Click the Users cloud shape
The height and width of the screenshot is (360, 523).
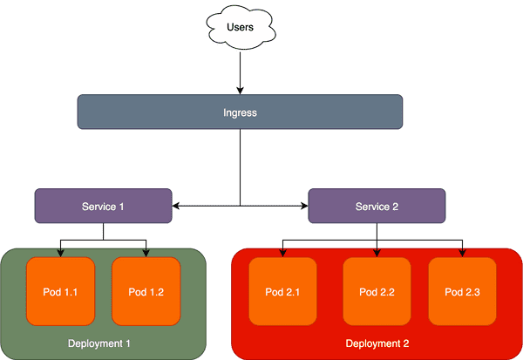click(x=240, y=29)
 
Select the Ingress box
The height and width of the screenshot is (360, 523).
click(x=240, y=112)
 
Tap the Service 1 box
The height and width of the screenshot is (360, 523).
click(x=103, y=207)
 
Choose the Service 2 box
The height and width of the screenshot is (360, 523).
click(x=377, y=207)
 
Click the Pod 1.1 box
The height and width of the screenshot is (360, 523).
click(x=60, y=290)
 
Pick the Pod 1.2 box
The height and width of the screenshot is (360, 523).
click(x=146, y=290)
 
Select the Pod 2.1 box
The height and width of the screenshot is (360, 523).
click(x=283, y=290)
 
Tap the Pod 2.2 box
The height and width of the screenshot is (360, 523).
click(x=377, y=290)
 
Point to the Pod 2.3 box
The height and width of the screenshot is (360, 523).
click(x=462, y=290)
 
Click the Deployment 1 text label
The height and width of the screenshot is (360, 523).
click(x=99, y=343)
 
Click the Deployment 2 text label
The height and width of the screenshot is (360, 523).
click(x=377, y=343)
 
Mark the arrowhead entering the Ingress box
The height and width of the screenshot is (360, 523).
click(x=240, y=90)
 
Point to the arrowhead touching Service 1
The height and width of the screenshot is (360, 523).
click(x=177, y=207)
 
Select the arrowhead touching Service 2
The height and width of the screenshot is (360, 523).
click(x=303, y=207)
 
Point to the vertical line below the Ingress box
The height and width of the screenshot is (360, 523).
click(x=240, y=166)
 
